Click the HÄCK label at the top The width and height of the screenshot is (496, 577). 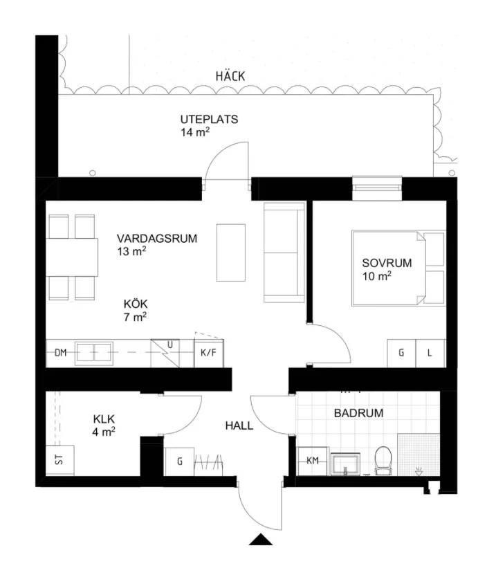coord(230,77)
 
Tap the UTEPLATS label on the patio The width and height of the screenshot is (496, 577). coord(209,119)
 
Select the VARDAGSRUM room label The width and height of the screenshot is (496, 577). coord(156,239)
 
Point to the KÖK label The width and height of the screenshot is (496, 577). coord(136,304)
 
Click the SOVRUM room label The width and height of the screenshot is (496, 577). coord(387,263)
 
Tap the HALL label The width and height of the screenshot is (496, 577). coord(239,425)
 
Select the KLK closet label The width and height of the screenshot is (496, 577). coord(104,419)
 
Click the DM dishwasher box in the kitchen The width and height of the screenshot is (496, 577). coord(60,353)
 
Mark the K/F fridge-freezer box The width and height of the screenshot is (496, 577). coord(208,353)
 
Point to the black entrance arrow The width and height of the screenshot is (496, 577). coord(261,540)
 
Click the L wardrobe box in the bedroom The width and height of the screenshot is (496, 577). coord(430,353)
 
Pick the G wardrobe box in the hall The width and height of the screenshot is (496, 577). coord(179,461)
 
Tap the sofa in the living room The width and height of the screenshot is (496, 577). coord(284,254)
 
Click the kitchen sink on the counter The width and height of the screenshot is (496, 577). coord(95,353)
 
